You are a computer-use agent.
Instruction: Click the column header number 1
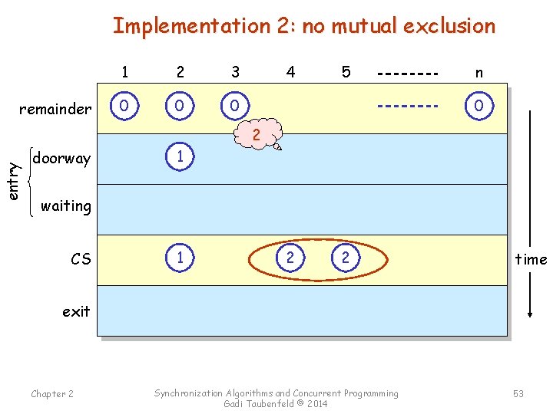tap(124, 72)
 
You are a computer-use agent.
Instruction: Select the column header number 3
tap(235, 72)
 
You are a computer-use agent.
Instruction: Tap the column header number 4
tap(290, 72)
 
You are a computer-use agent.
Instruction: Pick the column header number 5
tap(346, 72)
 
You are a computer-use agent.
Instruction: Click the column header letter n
tap(478, 73)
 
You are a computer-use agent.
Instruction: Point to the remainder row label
tap(55, 109)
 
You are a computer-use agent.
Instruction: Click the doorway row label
tap(61, 159)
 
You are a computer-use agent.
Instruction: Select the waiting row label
tap(65, 205)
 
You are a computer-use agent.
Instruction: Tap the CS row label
tap(81, 259)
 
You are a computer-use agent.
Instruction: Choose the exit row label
tap(76, 311)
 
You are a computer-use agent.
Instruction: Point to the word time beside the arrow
tap(531, 259)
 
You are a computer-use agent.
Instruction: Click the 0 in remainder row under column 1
tap(124, 105)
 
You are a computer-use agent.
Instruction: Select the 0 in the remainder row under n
tap(478, 105)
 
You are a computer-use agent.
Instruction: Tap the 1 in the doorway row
tap(180, 156)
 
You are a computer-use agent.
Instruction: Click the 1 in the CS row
tap(180, 258)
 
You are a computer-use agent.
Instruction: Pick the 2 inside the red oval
tap(290, 258)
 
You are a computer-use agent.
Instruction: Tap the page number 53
tap(518, 393)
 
